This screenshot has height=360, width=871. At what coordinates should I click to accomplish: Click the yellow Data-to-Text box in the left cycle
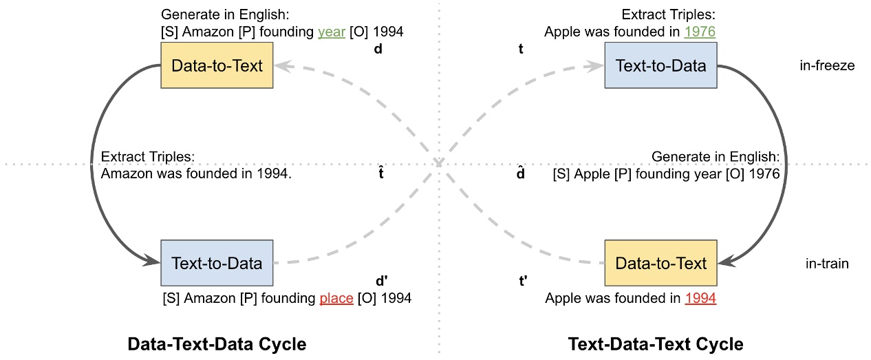tap(217, 66)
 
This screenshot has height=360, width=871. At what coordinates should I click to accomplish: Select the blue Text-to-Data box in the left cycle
tap(217, 263)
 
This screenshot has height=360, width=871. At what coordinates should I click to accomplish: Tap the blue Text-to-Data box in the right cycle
tap(660, 66)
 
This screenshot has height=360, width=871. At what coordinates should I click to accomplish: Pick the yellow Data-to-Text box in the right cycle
tap(660, 263)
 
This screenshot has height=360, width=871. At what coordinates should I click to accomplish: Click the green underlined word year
tap(331, 32)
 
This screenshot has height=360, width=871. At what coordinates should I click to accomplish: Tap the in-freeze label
tap(826, 66)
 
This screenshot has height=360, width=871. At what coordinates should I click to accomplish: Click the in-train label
tap(827, 263)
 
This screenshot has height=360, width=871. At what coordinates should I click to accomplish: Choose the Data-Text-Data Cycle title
tap(217, 343)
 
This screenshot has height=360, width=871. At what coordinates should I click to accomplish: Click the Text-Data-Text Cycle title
tap(655, 343)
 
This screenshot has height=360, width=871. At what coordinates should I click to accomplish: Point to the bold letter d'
tap(382, 282)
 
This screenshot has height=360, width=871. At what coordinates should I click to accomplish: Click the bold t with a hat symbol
tap(380, 173)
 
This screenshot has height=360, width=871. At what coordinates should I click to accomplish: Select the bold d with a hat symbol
tap(521, 173)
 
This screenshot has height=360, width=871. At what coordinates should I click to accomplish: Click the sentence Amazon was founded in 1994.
tap(197, 174)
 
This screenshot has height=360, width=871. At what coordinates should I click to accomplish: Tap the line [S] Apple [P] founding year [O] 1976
tap(666, 174)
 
